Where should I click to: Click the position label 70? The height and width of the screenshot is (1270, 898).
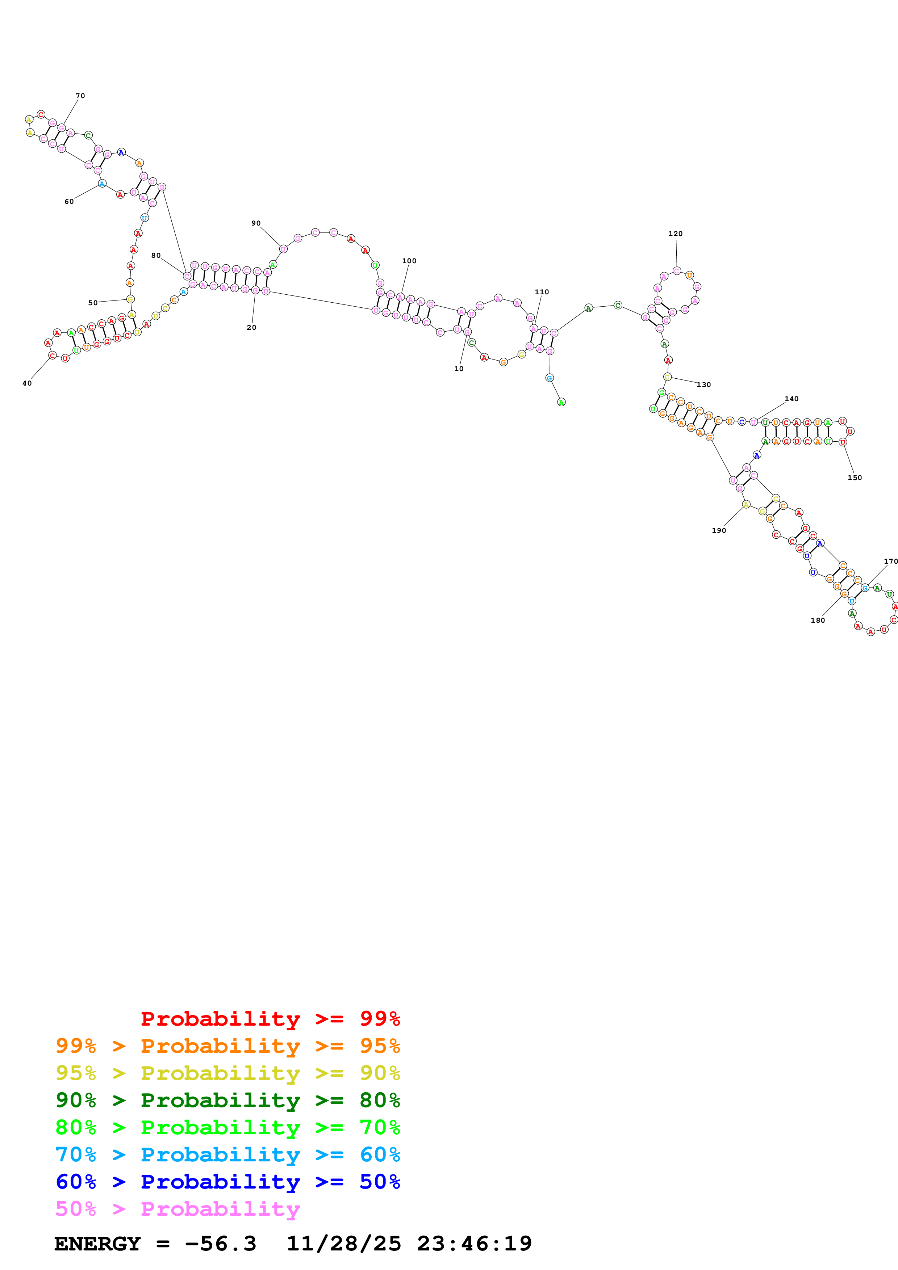(80, 96)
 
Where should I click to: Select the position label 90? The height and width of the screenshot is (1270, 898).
(256, 223)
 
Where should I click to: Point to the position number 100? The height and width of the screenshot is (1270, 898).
(409, 261)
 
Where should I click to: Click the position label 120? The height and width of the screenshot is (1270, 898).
(675, 234)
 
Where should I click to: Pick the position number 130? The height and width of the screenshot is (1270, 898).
(703, 385)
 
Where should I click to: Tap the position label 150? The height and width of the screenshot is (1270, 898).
(854, 478)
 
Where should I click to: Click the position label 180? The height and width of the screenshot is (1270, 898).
(817, 621)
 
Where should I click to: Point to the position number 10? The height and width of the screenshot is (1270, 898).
(459, 369)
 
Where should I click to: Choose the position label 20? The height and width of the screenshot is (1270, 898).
(251, 328)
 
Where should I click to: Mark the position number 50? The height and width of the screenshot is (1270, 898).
(93, 303)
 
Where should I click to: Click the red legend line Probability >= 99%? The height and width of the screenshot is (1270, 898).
(270, 1018)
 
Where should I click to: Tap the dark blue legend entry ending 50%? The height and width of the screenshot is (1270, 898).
(227, 1182)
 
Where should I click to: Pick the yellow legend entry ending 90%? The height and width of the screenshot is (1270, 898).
(227, 1073)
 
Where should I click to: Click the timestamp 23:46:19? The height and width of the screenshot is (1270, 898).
(474, 1244)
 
